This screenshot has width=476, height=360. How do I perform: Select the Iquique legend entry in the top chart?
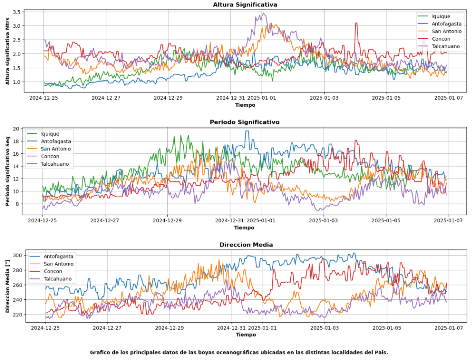(440, 16)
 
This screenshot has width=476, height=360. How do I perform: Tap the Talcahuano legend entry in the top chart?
(446, 46)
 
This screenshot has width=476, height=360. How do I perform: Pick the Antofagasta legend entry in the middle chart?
(55, 141)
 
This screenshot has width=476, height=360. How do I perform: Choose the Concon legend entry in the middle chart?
(49, 156)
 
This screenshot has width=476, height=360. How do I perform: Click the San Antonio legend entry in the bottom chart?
(59, 264)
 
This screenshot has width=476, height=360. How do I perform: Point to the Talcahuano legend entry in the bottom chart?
(58, 279)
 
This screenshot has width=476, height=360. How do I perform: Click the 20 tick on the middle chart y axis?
(16, 129)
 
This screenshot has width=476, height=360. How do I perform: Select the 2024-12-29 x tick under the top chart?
(168, 98)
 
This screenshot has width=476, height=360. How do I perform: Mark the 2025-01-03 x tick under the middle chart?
(324, 220)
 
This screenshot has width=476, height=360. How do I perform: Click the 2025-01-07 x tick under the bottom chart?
(449, 328)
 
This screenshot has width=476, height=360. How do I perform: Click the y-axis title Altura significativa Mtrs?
(8, 50)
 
